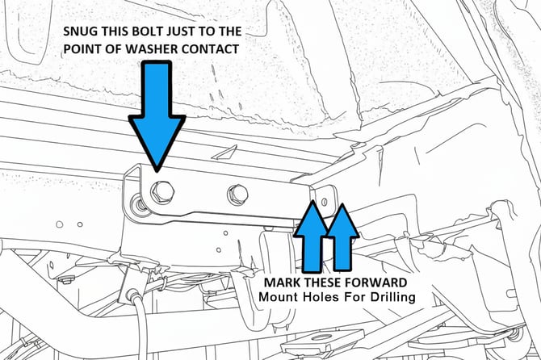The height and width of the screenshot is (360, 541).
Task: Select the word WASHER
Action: [x=151, y=49]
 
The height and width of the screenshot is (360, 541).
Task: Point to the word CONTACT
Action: [x=210, y=49]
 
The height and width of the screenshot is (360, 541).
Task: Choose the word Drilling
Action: [x=393, y=298]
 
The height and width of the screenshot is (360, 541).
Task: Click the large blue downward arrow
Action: [x=157, y=116]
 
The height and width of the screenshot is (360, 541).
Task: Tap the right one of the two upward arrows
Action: [x=342, y=237]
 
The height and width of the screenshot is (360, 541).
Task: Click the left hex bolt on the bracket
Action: [x=162, y=191]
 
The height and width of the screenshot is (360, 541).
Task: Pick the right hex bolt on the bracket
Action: [x=238, y=195]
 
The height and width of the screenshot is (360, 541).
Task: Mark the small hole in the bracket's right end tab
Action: [x=325, y=201]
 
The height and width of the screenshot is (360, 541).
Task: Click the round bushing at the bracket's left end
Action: [x=139, y=205]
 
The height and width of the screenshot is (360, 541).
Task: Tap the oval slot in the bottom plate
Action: [x=321, y=337]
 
